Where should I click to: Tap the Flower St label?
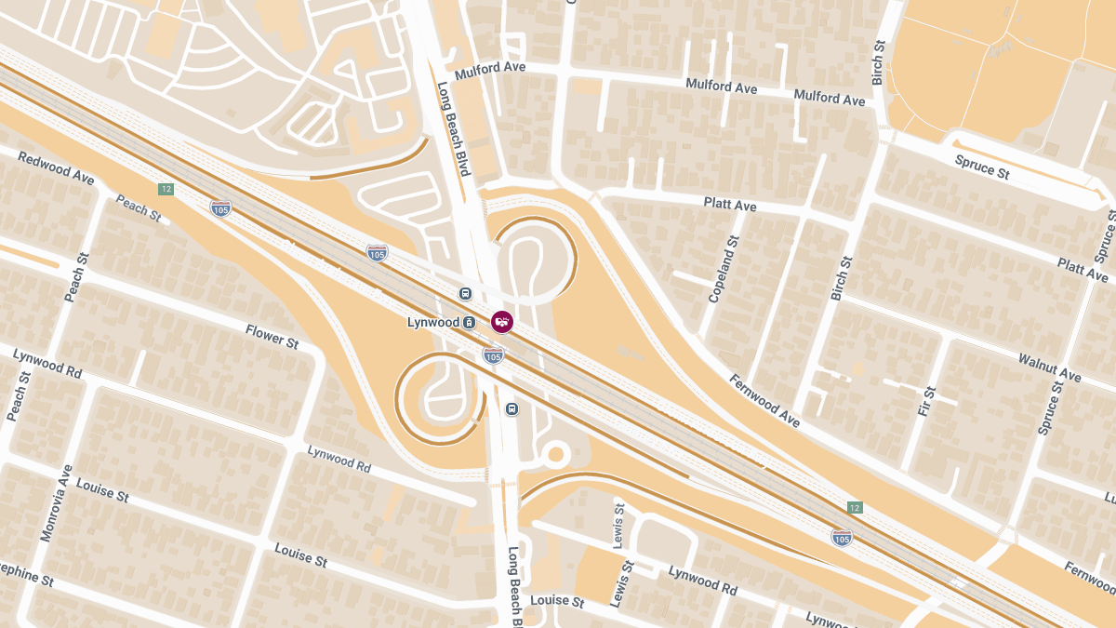272,335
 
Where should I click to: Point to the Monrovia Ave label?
54,503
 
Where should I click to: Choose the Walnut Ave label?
1049,367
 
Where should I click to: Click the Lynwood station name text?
433,322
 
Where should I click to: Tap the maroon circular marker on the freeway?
502,321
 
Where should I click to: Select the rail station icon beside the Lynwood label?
470,322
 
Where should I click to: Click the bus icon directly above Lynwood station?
465,294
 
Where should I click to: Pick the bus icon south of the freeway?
511,409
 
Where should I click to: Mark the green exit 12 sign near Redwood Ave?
166,189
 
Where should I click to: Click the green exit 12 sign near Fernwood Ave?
855,507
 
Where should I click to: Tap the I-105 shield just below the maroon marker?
494,354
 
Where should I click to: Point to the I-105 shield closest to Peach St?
220,208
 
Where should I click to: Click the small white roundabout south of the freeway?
555,455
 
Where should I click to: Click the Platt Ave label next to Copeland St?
730,204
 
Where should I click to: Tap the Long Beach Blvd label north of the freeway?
455,130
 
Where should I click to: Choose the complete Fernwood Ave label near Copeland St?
764,400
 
